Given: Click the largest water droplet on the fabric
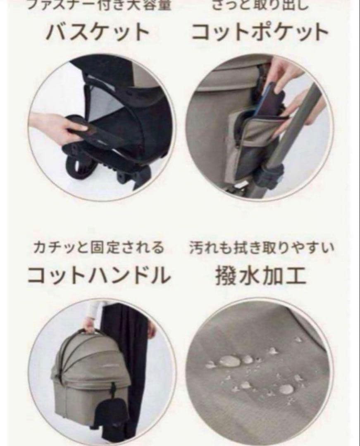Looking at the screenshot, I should [230, 361].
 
